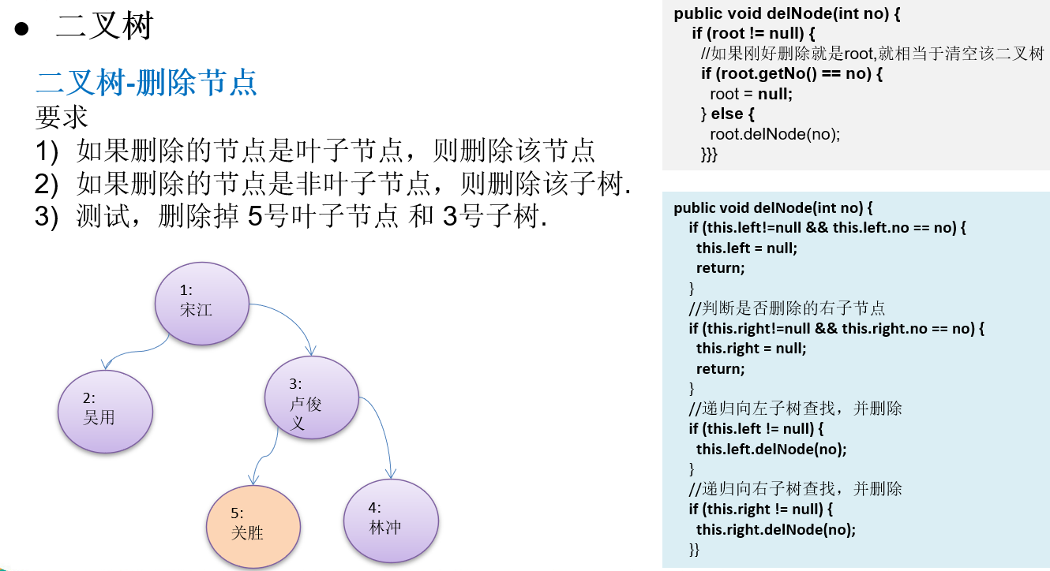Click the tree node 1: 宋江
pyautogui.click(x=202, y=303)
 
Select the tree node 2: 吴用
pyautogui.click(x=105, y=411)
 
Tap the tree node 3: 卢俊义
pyautogui.click(x=311, y=402)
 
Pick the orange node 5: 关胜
pyautogui.click(x=253, y=524)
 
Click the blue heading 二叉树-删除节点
pyautogui.click(x=147, y=82)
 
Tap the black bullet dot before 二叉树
pyautogui.click(x=21, y=28)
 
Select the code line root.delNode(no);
pyautogui.click(x=774, y=134)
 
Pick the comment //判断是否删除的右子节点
pyautogui.click(x=786, y=308)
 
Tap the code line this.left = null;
pyautogui.click(x=746, y=248)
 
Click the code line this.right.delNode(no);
pyautogui.click(x=775, y=529)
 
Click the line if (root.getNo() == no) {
pyautogui.click(x=791, y=74)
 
